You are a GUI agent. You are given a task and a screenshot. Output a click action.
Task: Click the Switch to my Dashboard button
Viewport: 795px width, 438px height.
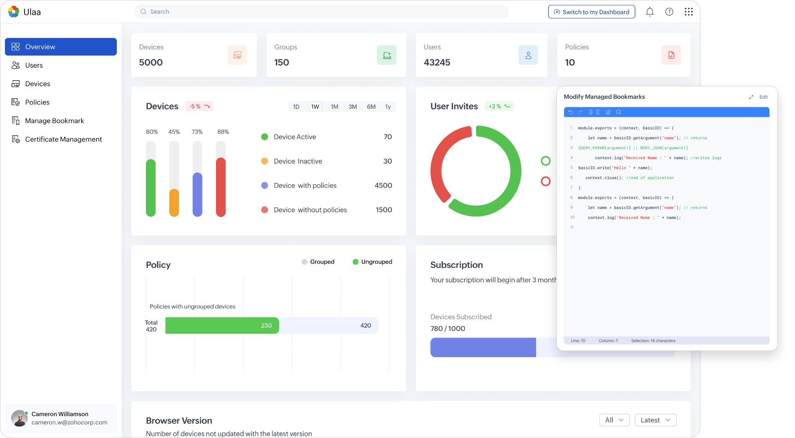[x=591, y=12]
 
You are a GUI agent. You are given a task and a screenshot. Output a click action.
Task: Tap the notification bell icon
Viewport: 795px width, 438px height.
[x=649, y=12]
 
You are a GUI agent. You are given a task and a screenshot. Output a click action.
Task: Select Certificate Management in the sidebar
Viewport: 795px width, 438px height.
[x=63, y=139]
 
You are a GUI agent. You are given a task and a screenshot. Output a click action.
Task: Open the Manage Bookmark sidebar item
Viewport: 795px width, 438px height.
[x=54, y=121]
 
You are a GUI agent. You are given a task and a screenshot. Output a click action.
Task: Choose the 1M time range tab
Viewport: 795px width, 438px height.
[x=334, y=107]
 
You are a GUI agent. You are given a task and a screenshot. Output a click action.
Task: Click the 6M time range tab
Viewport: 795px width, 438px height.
[x=371, y=107]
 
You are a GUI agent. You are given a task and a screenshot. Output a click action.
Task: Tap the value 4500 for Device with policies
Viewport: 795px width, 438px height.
[x=383, y=185]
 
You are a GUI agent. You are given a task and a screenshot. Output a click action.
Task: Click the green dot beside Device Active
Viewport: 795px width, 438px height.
[x=265, y=137]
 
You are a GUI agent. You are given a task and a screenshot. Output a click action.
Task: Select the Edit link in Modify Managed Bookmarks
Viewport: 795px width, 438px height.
[x=763, y=97]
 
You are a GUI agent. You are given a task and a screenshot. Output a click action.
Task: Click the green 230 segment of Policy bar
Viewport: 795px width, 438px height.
[x=222, y=325]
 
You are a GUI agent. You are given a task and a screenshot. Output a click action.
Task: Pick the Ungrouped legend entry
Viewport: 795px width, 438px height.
[x=372, y=262]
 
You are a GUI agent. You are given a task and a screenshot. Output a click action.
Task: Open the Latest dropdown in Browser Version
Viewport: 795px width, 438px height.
[x=655, y=420]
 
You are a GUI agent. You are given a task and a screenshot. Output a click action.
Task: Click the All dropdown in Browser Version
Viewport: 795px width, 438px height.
[x=614, y=420]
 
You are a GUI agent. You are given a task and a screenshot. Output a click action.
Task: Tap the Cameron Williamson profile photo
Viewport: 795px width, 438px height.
[x=19, y=418]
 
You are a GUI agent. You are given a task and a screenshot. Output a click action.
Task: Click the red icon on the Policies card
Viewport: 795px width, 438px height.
[x=671, y=55]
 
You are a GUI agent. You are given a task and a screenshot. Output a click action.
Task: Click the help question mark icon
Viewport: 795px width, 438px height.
[x=669, y=12]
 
